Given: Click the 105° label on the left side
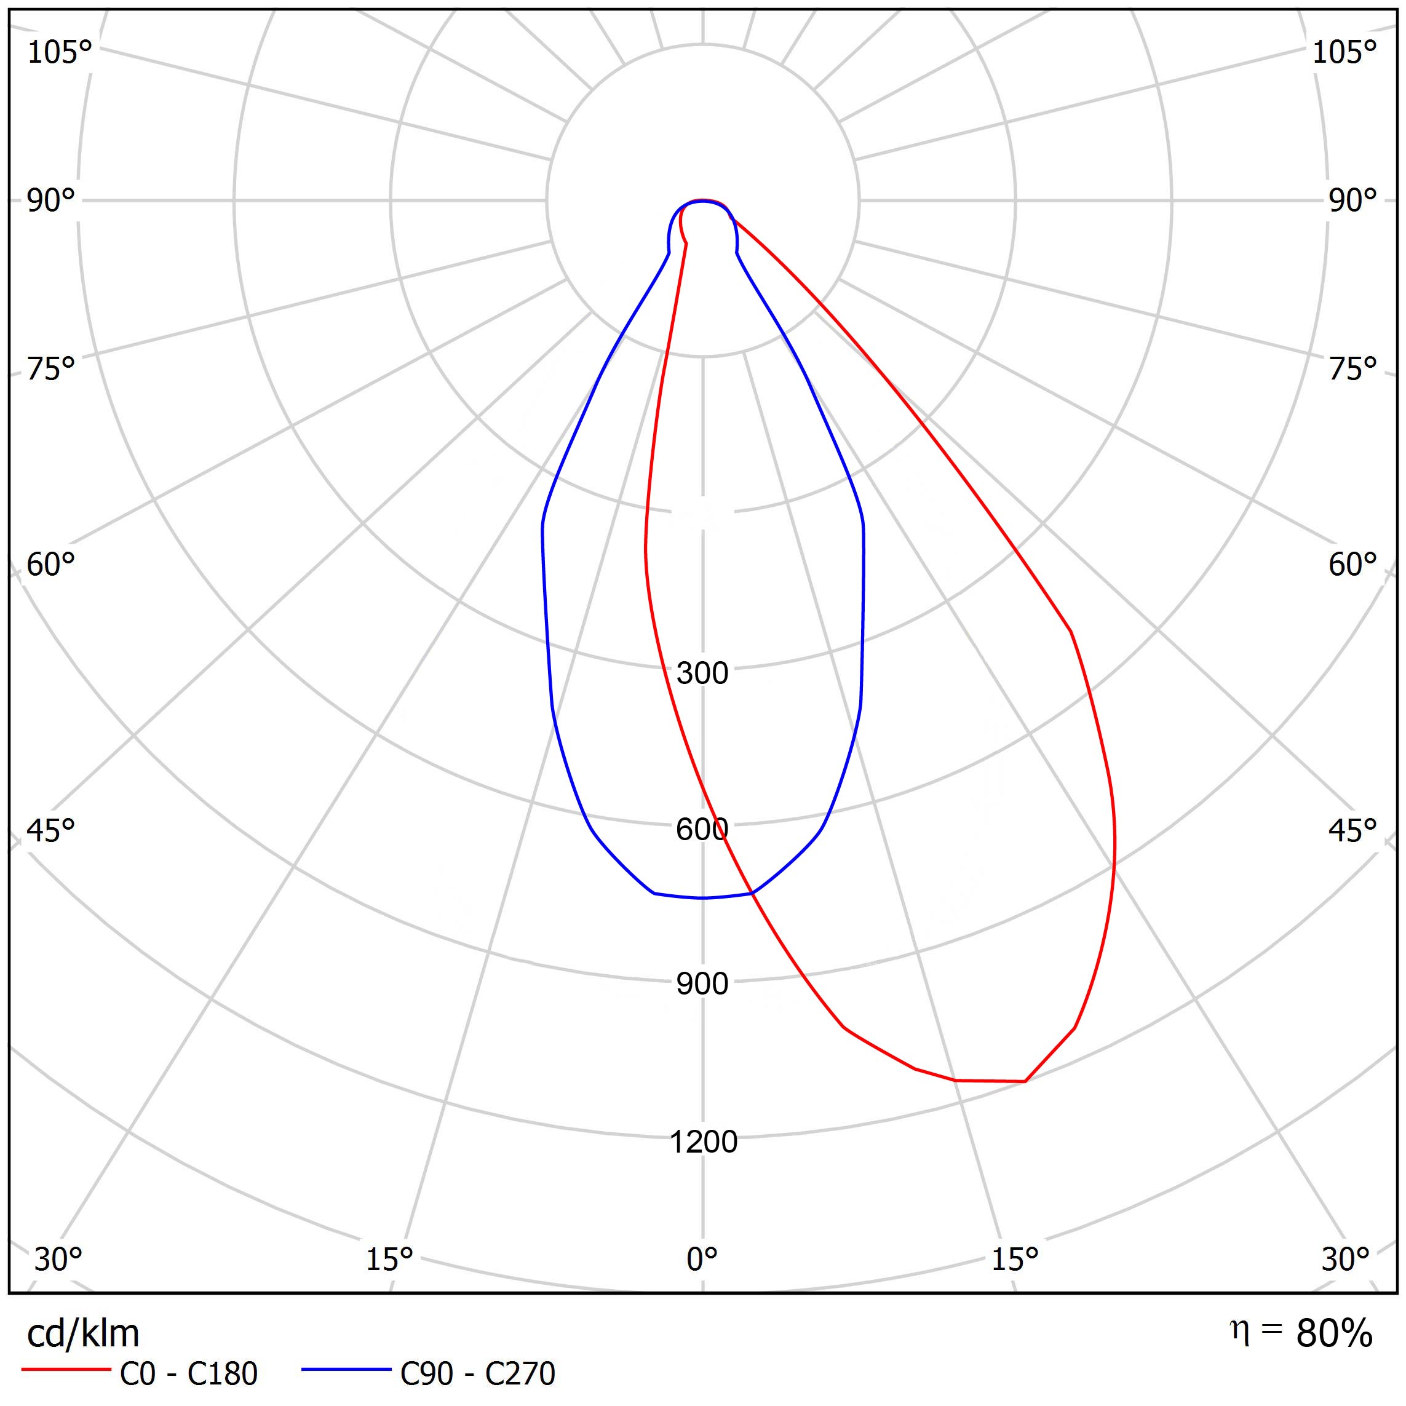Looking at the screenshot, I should [x=60, y=52].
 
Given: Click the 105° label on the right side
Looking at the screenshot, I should [x=1344, y=52].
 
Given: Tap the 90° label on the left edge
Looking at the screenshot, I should [x=51, y=201].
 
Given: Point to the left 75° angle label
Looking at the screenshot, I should [x=51, y=369].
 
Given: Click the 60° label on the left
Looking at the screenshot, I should [x=51, y=565].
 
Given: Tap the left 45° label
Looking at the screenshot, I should [x=51, y=830].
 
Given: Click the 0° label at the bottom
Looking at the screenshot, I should [x=702, y=1259].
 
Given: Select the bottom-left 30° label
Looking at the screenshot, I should [x=58, y=1259].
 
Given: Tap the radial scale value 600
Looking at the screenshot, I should [x=702, y=830].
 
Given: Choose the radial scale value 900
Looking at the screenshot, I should [x=702, y=985].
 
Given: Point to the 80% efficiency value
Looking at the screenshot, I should [x=1334, y=1334].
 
